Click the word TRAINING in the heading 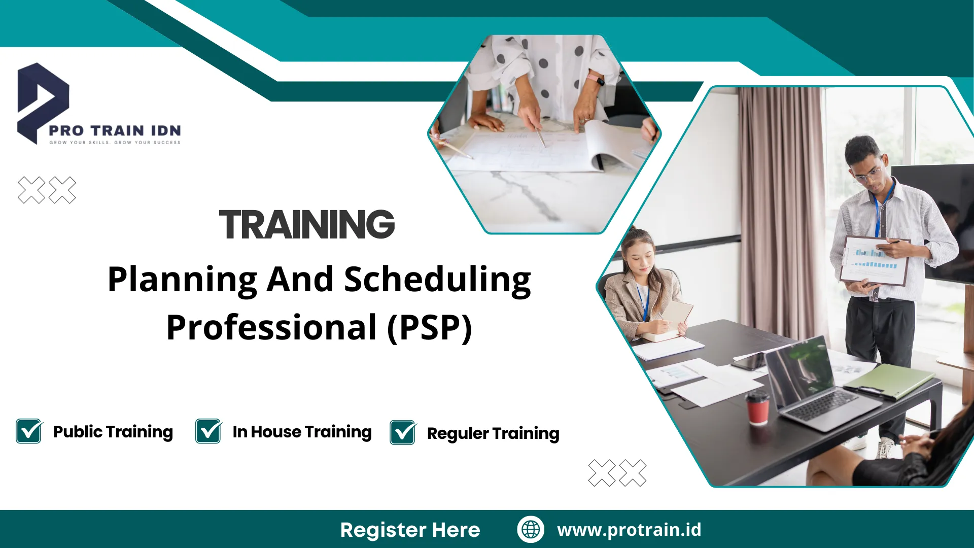[307, 224]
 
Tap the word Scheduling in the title [437, 280]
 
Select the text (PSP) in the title [430, 328]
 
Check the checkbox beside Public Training [29, 431]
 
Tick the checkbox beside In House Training [208, 431]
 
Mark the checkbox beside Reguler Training [403, 433]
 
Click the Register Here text [410, 530]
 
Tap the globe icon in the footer [531, 529]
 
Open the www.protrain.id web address [629, 530]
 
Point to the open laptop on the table [812, 386]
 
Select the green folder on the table [890, 381]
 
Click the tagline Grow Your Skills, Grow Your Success [115, 143]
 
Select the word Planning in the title [182, 280]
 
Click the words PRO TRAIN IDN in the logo [115, 131]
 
